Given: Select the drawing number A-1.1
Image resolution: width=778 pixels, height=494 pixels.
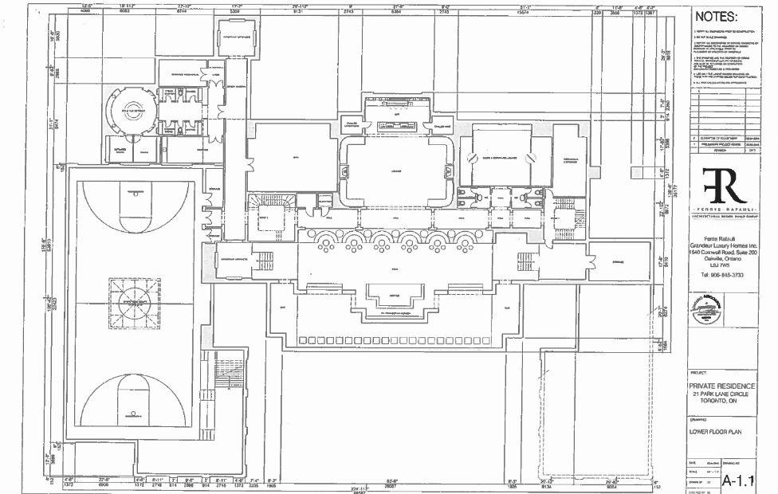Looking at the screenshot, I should (738, 480).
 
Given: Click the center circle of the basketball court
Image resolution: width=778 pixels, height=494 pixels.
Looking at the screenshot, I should (134, 303).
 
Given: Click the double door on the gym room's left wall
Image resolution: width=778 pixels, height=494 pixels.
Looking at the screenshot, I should (249, 165).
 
